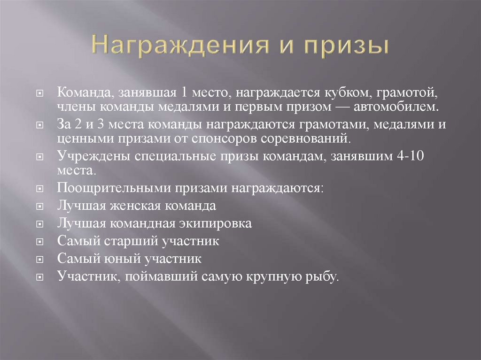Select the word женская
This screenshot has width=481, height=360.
(x=133, y=206)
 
